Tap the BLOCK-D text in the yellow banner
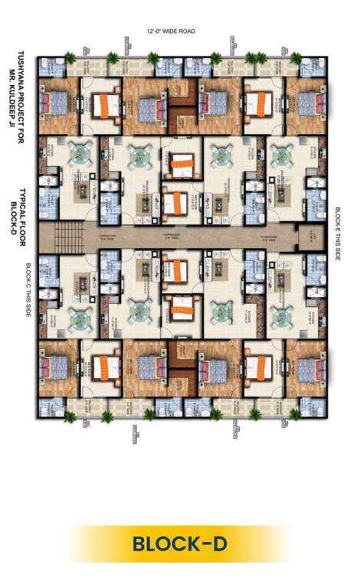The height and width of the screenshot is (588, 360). [180, 544]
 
